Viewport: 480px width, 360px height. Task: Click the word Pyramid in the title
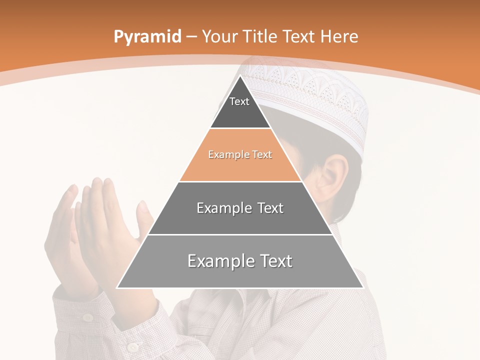[x=147, y=37]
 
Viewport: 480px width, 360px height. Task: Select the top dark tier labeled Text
[x=239, y=107]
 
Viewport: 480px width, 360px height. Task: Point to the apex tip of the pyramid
[x=240, y=76]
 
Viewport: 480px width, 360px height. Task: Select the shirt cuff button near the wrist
[x=87, y=317]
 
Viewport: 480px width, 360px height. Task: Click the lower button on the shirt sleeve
[x=132, y=346]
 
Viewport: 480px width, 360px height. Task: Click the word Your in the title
[x=220, y=36]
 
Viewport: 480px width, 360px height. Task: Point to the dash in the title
[x=191, y=37]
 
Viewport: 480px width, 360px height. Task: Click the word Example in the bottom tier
[x=219, y=261]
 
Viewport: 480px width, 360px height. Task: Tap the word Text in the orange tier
[x=262, y=154]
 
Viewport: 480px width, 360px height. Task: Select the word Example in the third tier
[x=224, y=208]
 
